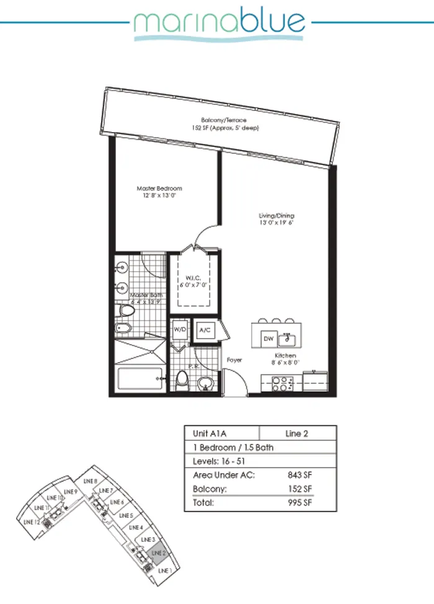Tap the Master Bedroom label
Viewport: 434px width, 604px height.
pyautogui.click(x=159, y=192)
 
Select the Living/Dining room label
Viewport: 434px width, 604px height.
pyautogui.click(x=276, y=219)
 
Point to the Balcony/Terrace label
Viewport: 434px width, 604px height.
pyautogui.click(x=224, y=123)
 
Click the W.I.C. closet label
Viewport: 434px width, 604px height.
pyautogui.click(x=193, y=281)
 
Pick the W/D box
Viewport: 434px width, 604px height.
pyautogui.click(x=180, y=329)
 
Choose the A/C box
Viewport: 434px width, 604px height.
pyautogui.click(x=206, y=331)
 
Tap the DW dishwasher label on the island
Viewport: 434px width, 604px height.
pyautogui.click(x=268, y=339)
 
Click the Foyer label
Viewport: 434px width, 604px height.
pyautogui.click(x=234, y=360)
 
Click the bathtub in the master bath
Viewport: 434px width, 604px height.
pyautogui.click(x=139, y=378)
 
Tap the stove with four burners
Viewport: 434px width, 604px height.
pyautogui.click(x=284, y=383)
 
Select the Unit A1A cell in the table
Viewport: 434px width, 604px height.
pyautogui.click(x=222, y=433)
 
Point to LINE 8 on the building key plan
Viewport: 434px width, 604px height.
pyautogui.click(x=89, y=481)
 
